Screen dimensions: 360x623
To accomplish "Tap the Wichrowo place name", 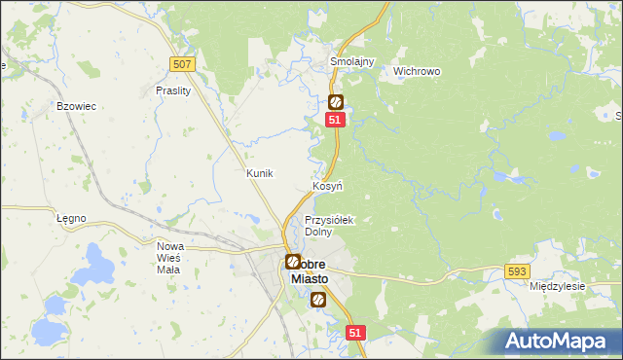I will (418, 72).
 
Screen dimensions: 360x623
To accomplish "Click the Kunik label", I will (260, 173).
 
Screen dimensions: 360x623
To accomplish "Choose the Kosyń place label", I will (326, 186).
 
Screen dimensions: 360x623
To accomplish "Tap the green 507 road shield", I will (181, 64).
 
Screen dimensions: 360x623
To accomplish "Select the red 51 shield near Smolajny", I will (335, 119).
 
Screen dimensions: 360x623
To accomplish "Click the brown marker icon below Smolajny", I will (336, 101).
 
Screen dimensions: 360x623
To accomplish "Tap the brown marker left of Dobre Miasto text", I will (292, 261).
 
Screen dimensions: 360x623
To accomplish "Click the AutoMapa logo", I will (556, 341).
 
